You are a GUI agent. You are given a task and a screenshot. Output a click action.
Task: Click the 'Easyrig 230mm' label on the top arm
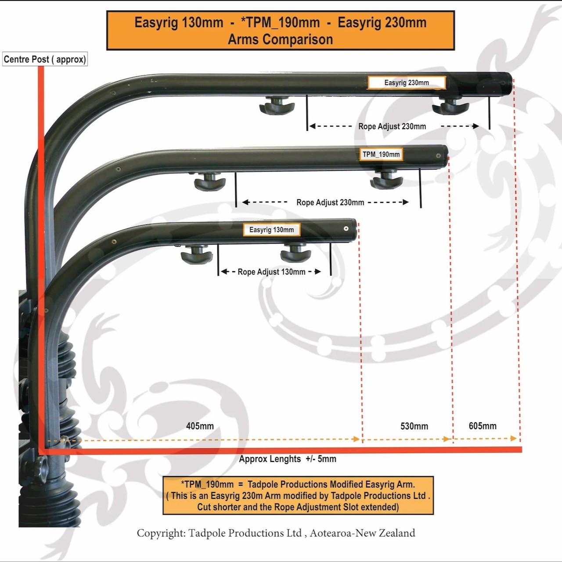pyautogui.click(x=406, y=83)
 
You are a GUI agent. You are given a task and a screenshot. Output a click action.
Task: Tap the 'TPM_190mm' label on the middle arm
pyautogui.click(x=381, y=154)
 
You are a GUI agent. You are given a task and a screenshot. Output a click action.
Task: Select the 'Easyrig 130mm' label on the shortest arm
pyautogui.click(x=271, y=230)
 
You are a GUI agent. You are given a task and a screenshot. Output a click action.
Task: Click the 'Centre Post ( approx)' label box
pyautogui.click(x=45, y=59)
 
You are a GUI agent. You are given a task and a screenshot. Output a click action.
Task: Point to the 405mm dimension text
pyautogui.click(x=200, y=426)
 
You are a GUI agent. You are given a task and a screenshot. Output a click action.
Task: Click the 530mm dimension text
pyautogui.click(x=414, y=426)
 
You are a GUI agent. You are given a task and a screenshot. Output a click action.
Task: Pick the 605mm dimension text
pyautogui.click(x=483, y=426)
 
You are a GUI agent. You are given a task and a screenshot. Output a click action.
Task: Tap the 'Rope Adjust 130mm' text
pyautogui.click(x=271, y=272)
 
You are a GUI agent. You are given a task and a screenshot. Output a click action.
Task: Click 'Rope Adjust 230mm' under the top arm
pyautogui.click(x=392, y=126)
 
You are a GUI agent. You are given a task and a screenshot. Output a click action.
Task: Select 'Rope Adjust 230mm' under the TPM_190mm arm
pyautogui.click(x=330, y=202)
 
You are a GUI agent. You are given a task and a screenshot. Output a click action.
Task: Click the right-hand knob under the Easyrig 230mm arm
pyautogui.click(x=450, y=105)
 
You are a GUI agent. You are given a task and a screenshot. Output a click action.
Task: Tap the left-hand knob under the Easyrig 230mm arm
pyautogui.click(x=277, y=105)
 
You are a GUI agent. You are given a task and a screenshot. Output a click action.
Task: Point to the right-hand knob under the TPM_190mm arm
pyautogui.click(x=386, y=180)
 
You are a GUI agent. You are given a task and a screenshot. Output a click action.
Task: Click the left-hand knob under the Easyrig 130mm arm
pyautogui.click(x=197, y=255)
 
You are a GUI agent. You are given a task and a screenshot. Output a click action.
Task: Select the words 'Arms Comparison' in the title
pyautogui.click(x=280, y=40)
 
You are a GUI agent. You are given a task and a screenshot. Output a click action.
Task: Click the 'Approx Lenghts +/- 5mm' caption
pyautogui.click(x=288, y=459)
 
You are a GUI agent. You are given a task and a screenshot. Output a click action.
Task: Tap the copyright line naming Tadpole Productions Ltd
pyautogui.click(x=276, y=533)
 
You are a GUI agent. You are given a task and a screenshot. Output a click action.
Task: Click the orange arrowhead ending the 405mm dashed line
pyautogui.click(x=357, y=439)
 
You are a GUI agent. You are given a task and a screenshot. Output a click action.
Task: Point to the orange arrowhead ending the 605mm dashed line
pyautogui.click(x=514, y=438)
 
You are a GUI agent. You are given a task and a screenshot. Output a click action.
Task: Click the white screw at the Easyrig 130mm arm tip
pyautogui.click(x=346, y=229)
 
